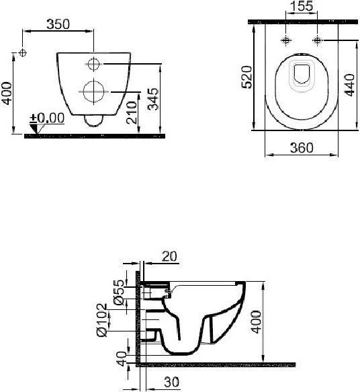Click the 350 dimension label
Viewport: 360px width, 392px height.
(x=58, y=24)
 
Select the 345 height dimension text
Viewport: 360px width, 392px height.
(x=153, y=100)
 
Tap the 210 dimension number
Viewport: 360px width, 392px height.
(x=132, y=112)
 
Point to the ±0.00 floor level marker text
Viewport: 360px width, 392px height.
(x=47, y=118)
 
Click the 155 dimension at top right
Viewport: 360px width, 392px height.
(x=302, y=6)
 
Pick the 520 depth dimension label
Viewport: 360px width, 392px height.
(x=247, y=77)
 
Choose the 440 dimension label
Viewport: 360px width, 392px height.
(x=349, y=85)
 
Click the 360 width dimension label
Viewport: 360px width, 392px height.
(x=302, y=147)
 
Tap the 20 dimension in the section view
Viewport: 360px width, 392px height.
(x=169, y=256)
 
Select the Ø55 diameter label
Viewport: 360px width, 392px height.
(x=119, y=292)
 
